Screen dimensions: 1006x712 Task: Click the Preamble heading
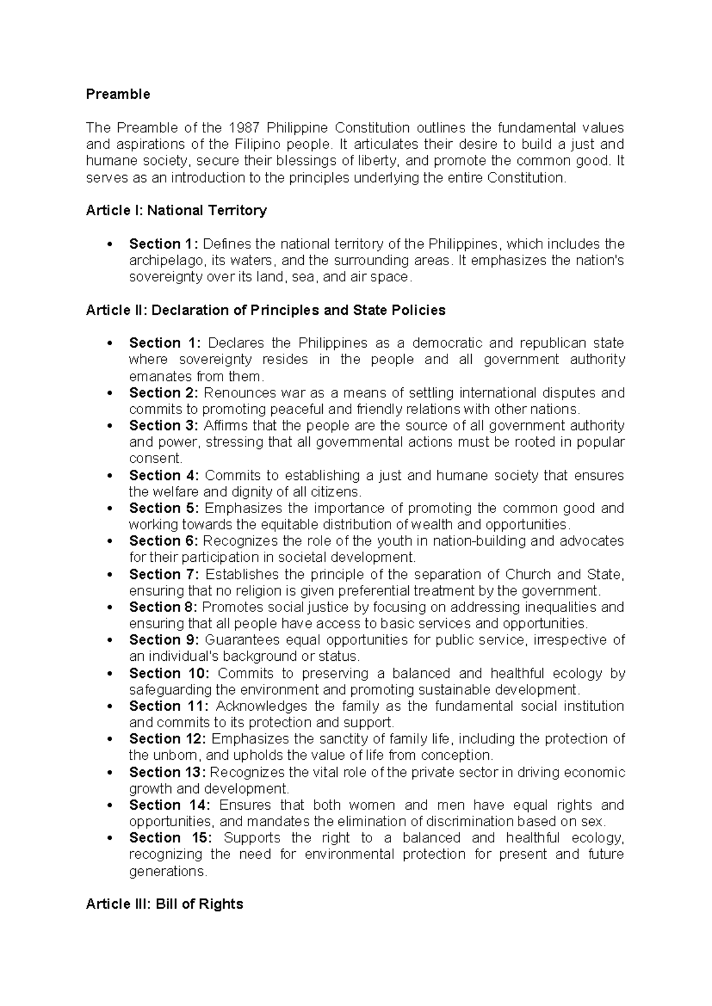point(117,94)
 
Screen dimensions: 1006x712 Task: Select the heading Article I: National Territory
point(176,211)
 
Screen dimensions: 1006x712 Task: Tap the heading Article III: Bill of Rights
point(164,904)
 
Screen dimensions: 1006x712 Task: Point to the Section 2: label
point(164,393)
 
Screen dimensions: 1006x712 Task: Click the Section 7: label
point(164,574)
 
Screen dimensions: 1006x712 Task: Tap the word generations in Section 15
point(167,871)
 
